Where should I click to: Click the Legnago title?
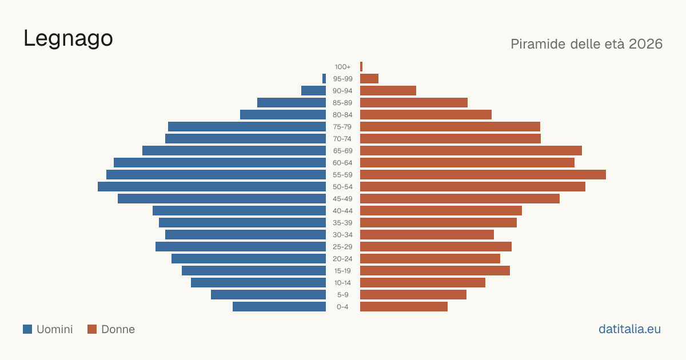click(68, 39)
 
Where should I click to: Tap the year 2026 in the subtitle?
click(645, 44)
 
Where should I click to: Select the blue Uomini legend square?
click(27, 329)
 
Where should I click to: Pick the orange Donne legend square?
click(92, 329)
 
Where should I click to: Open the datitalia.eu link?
click(629, 329)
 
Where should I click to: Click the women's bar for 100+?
click(361, 67)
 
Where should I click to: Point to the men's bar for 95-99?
click(324, 79)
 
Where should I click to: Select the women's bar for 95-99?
click(369, 79)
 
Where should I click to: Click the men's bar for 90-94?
click(314, 91)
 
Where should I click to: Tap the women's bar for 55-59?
click(483, 175)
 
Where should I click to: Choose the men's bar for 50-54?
click(212, 187)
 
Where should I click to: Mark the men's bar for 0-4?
click(280, 307)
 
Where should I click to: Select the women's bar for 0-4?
click(404, 307)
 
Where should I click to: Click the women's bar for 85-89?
click(414, 102)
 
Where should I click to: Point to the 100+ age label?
click(342, 67)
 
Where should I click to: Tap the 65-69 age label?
click(342, 151)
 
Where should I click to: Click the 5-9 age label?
click(342, 295)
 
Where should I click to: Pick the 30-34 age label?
click(342, 235)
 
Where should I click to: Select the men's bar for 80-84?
click(283, 115)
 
